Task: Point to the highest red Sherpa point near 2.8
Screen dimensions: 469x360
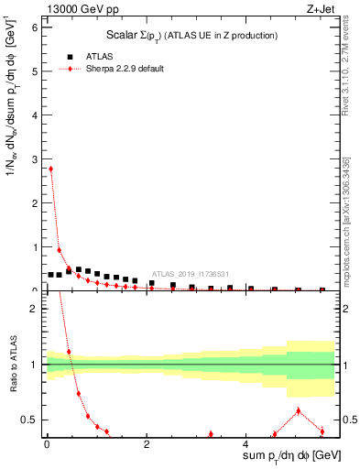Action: coord(50,169)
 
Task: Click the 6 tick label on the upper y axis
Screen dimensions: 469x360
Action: coord(34,27)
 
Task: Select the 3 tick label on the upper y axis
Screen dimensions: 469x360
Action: coord(34,159)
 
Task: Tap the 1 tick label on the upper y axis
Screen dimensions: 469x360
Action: coord(34,247)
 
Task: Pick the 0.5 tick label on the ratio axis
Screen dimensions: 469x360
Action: coord(29,420)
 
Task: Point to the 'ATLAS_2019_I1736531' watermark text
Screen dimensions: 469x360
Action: coord(191,273)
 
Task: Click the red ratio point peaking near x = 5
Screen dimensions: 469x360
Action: coord(299,410)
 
